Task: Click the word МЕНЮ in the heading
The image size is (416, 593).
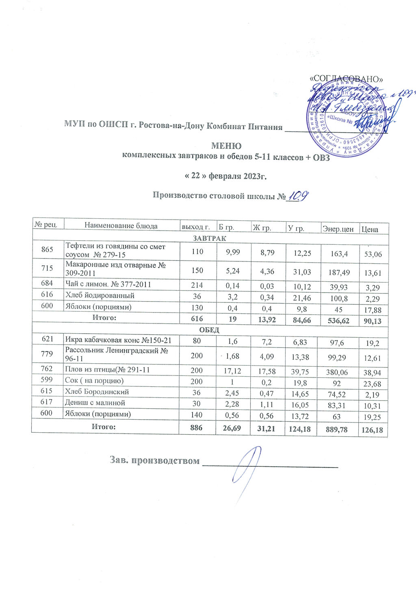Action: pos(226,146)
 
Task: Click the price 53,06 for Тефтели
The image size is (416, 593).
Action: pos(373,254)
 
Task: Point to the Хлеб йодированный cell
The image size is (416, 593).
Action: pos(100,295)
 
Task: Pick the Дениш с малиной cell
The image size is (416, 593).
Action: pos(95,403)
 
